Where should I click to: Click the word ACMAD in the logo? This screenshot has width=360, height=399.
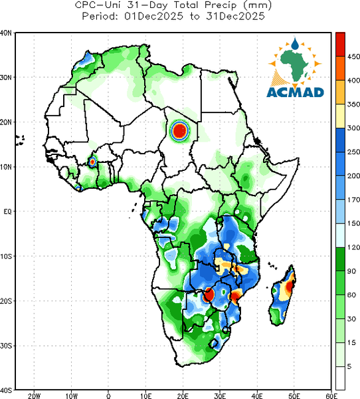[x=295, y=92]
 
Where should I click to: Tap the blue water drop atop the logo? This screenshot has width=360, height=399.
[x=295, y=44]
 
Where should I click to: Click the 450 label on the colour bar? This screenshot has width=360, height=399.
[x=353, y=57]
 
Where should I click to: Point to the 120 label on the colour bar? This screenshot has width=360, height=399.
[x=353, y=247]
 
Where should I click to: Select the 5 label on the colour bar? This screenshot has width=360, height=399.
[x=349, y=366]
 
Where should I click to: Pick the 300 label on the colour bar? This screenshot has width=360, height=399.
[x=353, y=128]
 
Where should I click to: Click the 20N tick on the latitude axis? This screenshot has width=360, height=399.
[x=6, y=122]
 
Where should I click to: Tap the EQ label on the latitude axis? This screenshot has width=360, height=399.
[x=7, y=211]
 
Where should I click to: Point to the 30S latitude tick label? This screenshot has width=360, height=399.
[x=6, y=346]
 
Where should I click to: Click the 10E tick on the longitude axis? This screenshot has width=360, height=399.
[x=145, y=396]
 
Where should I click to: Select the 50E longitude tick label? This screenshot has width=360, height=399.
[x=294, y=396]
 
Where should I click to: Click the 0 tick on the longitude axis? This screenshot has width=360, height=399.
[x=108, y=396]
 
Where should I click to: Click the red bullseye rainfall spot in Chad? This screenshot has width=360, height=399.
[x=179, y=130]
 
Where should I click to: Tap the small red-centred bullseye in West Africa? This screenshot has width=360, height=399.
[x=92, y=162]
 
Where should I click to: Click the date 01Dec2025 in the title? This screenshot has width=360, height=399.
[x=153, y=17]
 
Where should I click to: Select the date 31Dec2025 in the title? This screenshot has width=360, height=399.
[x=235, y=17]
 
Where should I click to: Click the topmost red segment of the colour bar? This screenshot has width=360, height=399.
[x=340, y=45]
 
